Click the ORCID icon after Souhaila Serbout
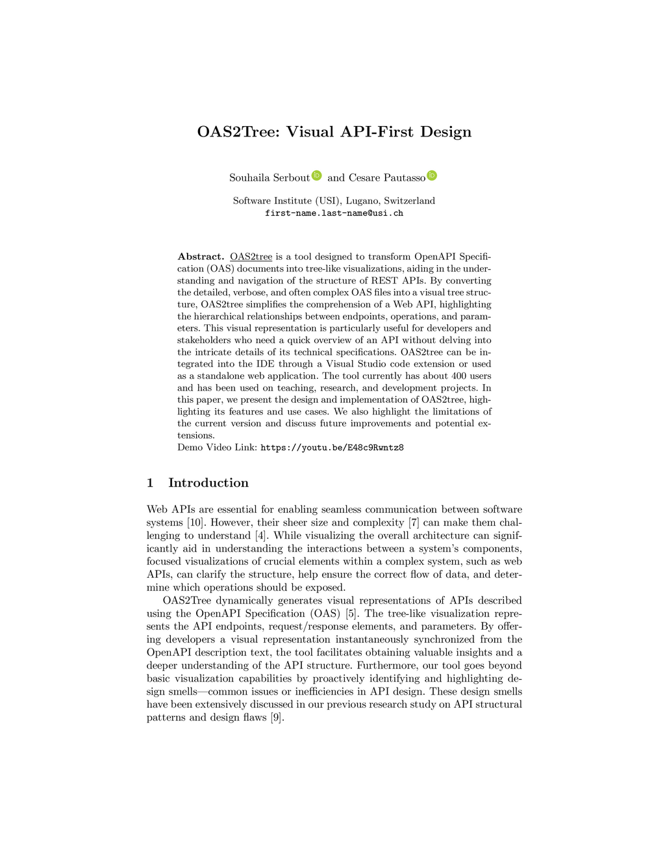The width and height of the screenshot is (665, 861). coord(317,175)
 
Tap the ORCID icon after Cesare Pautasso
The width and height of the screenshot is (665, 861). coord(432,175)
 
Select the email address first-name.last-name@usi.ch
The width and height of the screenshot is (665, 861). coord(334,213)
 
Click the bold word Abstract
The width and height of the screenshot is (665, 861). coord(201,257)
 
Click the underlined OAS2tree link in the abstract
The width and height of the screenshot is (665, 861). coord(251,257)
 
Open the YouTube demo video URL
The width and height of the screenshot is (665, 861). coord(332,448)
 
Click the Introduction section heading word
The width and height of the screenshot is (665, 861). coord(208,483)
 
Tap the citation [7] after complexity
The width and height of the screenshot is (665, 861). coord(414,522)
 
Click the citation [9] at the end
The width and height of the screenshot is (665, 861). coord(277,717)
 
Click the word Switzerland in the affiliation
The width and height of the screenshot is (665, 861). coord(410,201)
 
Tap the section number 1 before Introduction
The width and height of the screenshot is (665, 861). coord(150,483)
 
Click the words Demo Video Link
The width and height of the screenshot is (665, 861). coord(217,448)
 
